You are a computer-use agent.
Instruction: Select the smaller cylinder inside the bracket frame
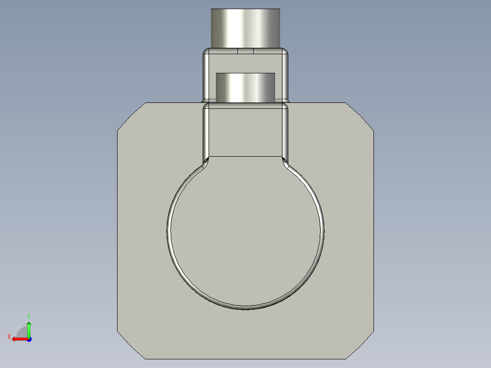(x=245, y=87)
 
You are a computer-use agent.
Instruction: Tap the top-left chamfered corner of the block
(x=131, y=117)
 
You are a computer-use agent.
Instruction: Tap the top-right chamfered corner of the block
(x=360, y=117)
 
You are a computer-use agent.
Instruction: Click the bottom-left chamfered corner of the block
(x=131, y=345)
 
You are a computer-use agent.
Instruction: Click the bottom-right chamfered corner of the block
(x=360, y=345)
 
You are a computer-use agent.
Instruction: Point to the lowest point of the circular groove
(x=245, y=308)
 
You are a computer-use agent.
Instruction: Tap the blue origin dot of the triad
(x=29, y=339)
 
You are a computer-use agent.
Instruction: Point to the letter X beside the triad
(x=9, y=337)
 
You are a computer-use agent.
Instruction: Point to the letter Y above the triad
(x=28, y=316)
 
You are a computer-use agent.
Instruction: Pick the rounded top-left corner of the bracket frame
(x=206, y=51)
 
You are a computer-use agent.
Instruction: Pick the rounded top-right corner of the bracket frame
(x=286, y=51)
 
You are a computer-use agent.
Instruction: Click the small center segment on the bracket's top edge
(x=245, y=51)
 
